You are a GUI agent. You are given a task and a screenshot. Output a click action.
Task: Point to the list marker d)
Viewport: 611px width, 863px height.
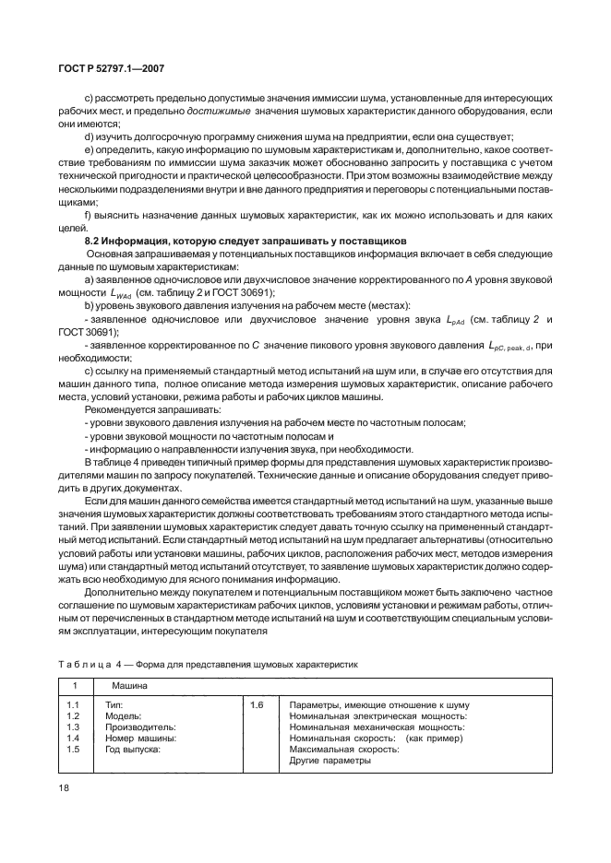coord(89,136)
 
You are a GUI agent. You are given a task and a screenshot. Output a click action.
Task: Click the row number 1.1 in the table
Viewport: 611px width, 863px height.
coord(75,704)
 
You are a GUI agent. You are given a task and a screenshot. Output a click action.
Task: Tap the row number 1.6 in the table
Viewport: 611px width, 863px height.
coord(258,704)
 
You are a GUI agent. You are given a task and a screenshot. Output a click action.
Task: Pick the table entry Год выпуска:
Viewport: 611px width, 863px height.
coord(134,750)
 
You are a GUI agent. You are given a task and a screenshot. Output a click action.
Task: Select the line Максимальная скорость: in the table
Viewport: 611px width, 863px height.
coord(344,750)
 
